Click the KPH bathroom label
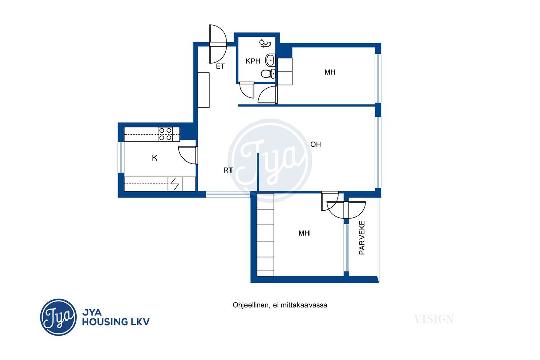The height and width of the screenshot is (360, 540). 253,61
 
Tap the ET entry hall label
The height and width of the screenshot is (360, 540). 220,66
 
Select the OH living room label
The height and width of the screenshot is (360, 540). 316,144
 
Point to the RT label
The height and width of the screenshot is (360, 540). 228,170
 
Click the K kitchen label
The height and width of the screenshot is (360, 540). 155,158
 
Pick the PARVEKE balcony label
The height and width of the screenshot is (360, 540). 362,238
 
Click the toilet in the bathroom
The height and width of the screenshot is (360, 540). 268,73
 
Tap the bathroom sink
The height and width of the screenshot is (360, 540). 271,60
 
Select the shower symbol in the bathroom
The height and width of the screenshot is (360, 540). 265,44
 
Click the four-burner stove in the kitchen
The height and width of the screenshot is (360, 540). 165,134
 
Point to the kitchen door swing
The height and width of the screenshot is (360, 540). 188,155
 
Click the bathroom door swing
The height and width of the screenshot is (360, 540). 247,90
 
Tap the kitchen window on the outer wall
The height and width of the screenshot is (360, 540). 121,157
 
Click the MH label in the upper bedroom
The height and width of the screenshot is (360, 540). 330,72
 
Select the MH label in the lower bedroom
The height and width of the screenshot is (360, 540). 304,234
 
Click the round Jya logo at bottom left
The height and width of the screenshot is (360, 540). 58,317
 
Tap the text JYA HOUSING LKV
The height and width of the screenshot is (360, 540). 115,317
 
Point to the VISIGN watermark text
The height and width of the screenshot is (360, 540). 434,319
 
